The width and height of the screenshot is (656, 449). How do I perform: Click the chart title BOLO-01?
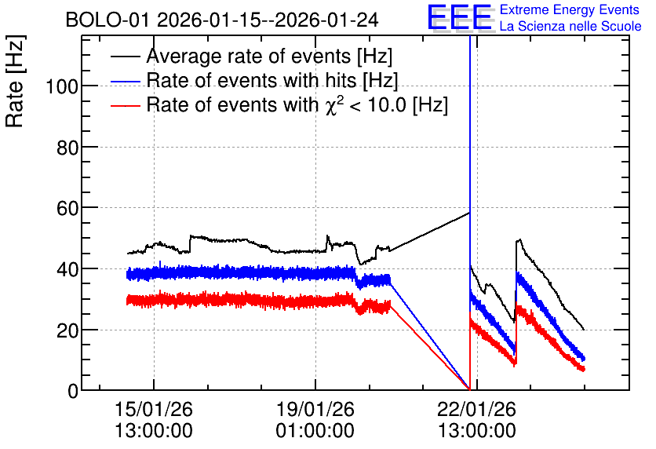tap(108, 20)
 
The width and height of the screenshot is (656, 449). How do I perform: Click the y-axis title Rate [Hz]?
tap(15, 81)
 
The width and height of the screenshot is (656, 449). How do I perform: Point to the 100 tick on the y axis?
tap(62, 87)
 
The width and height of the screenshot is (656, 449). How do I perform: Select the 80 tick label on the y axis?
tap(67, 148)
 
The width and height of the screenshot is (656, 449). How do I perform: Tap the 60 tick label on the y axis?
tap(67, 208)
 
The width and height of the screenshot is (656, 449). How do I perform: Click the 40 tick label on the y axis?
tap(67, 269)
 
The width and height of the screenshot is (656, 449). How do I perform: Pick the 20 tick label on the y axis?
tap(67, 330)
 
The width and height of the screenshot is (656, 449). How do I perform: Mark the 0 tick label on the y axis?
tap(73, 391)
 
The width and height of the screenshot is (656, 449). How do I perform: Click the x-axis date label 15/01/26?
tap(154, 409)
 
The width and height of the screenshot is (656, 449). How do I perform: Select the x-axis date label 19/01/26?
tap(315, 409)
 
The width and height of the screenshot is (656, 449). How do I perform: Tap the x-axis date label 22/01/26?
tap(476, 409)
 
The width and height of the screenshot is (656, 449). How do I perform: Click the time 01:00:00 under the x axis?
tap(315, 430)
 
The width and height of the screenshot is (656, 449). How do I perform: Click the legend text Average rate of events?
tap(250, 56)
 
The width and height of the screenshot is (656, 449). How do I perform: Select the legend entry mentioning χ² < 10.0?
tap(297, 104)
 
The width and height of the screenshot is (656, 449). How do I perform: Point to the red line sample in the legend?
tap(125, 106)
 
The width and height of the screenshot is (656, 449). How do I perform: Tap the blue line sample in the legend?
tap(125, 82)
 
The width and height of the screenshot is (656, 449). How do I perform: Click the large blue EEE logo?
tap(460, 17)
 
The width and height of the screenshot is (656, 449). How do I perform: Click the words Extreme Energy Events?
tap(570, 9)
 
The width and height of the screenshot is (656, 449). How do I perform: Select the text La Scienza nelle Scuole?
tap(570, 26)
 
